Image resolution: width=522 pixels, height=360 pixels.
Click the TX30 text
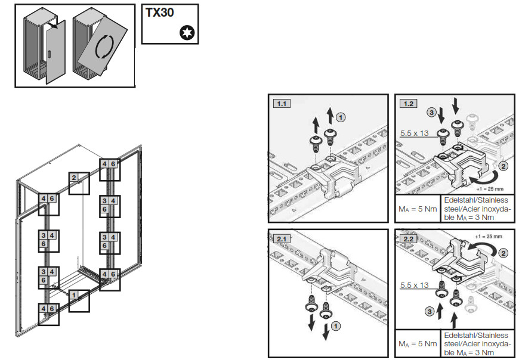[x=160, y=13]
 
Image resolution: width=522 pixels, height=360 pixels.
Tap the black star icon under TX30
[x=187, y=34]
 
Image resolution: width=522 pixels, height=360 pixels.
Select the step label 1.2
[x=409, y=103]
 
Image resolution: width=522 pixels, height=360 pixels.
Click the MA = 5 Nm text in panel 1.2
[x=417, y=209]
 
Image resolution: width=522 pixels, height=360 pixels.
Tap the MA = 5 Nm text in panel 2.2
[x=417, y=344]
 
